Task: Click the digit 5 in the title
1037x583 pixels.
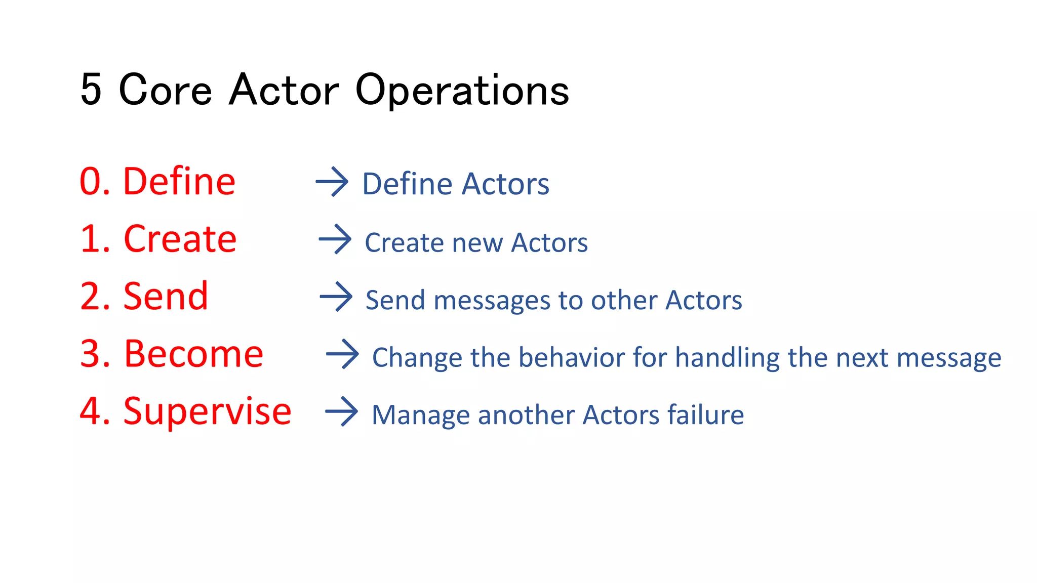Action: [91, 90]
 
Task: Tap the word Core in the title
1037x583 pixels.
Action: [165, 90]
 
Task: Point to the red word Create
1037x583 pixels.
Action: [180, 239]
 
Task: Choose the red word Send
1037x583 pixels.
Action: [166, 296]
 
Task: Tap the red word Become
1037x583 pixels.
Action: [193, 354]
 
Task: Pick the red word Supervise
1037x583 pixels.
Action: [207, 411]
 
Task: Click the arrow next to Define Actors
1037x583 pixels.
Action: [332, 182]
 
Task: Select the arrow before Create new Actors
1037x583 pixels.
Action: [335, 239]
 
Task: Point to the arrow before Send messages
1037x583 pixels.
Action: [336, 297]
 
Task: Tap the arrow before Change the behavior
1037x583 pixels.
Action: [342, 354]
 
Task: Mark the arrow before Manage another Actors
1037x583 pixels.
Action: [341, 411]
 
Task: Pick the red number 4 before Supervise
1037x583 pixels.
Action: [89, 411]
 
